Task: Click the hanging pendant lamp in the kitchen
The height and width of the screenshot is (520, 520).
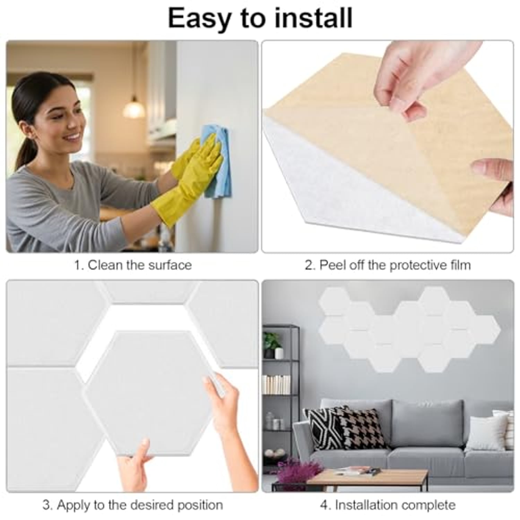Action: pyautogui.click(x=134, y=107)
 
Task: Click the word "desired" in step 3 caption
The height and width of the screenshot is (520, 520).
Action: pyautogui.click(x=153, y=505)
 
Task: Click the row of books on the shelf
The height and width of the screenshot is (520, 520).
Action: pyautogui.click(x=276, y=384)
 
